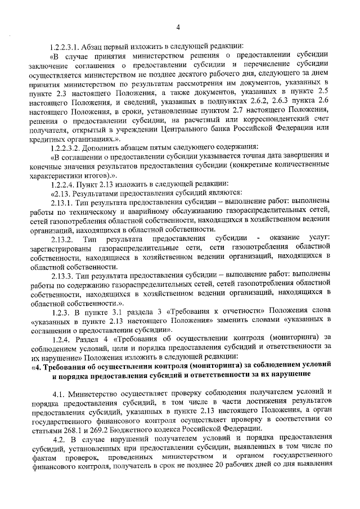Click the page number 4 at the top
[x=178, y=27]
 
